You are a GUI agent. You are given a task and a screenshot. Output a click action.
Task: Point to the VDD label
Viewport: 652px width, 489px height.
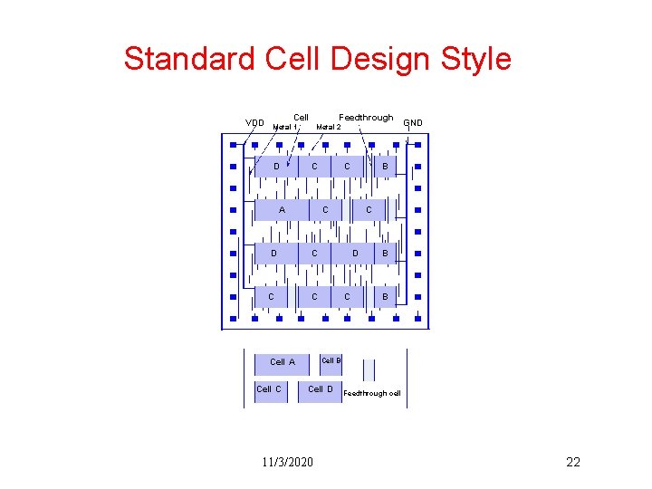(255, 123)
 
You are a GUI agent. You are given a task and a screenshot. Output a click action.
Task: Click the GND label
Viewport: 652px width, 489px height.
(413, 122)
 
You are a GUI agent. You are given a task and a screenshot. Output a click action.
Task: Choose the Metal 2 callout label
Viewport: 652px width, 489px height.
(328, 127)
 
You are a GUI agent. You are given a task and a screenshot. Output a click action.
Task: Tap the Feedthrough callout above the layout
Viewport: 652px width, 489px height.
(366, 117)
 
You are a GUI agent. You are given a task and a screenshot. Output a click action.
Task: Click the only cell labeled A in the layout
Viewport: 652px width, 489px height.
(282, 210)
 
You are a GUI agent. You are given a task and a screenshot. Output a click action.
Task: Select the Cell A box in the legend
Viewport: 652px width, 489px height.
(283, 362)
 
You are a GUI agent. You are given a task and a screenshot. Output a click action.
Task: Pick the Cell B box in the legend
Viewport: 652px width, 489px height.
(331, 360)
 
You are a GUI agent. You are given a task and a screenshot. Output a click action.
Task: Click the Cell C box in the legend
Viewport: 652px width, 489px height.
(269, 390)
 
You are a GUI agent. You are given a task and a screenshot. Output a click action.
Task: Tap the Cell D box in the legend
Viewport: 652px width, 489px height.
(321, 390)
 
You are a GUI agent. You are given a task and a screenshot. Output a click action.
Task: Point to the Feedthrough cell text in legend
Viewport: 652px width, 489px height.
(372, 393)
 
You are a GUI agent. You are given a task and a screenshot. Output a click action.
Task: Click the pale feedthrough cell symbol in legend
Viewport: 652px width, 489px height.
(369, 369)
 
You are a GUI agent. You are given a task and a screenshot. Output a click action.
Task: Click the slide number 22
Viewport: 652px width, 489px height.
(572, 463)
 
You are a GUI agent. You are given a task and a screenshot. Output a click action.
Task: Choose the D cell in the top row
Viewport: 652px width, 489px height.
(276, 167)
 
